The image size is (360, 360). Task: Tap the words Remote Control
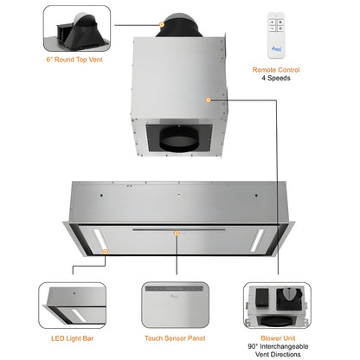(276, 69)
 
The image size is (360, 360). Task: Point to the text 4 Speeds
(276, 79)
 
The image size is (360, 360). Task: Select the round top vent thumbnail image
(76, 31)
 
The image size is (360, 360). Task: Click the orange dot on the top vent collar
(161, 24)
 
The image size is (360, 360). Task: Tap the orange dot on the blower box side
(208, 100)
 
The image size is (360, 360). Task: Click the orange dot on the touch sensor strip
(177, 232)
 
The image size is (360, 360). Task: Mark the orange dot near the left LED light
(105, 251)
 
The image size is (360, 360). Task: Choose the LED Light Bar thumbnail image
(73, 304)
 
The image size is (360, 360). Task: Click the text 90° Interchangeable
(279, 348)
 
